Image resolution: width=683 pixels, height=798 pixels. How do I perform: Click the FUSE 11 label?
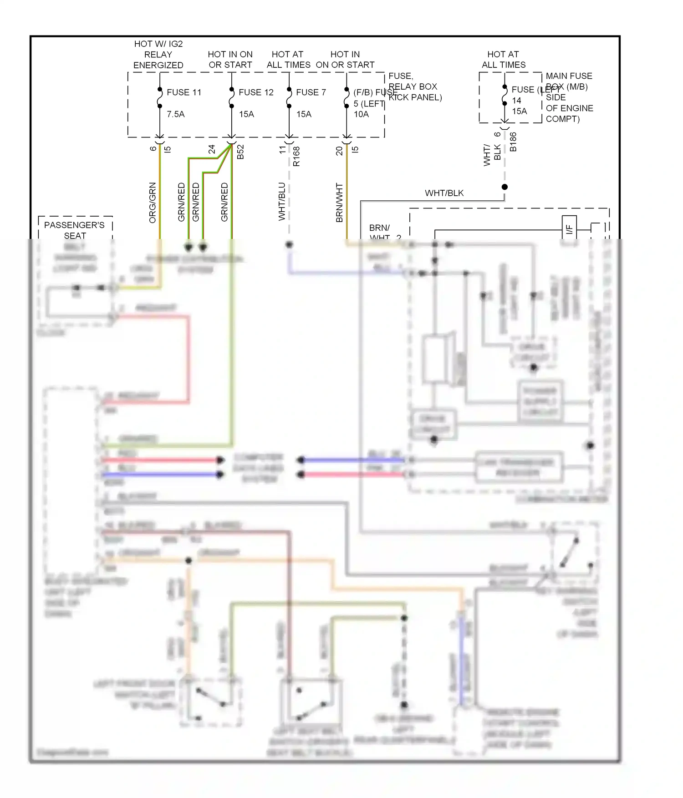[183, 92]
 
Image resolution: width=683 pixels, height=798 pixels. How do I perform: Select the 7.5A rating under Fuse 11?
[176, 114]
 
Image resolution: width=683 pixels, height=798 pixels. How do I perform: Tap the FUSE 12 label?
[256, 92]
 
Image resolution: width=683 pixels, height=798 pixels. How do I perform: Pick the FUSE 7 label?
[311, 92]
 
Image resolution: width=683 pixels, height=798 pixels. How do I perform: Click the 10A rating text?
[362, 114]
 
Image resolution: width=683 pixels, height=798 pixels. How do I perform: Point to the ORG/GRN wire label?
[153, 203]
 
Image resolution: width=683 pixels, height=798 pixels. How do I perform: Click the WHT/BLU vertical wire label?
[282, 202]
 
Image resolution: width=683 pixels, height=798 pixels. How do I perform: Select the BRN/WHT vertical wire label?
[339, 203]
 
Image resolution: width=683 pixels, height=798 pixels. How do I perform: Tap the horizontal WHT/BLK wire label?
[444, 193]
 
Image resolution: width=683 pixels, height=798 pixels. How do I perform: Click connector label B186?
[513, 142]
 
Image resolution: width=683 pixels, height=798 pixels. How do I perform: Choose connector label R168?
[296, 156]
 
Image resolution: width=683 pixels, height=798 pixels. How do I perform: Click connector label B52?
[241, 152]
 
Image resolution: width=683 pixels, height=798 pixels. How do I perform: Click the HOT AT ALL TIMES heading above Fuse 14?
[503, 60]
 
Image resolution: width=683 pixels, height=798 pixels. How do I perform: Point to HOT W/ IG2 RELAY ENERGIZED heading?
[158, 55]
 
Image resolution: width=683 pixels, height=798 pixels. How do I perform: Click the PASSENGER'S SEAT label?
[74, 230]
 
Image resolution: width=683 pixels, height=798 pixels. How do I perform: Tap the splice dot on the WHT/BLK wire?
[505, 187]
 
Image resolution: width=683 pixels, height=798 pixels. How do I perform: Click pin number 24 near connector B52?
[212, 149]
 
